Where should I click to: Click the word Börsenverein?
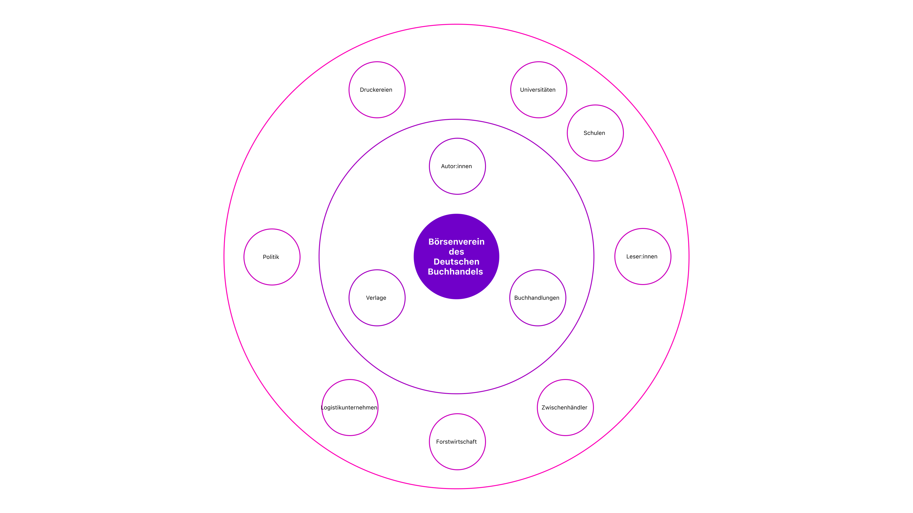[x=456, y=242]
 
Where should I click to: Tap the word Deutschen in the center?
[x=456, y=262]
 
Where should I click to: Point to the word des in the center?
[x=456, y=252]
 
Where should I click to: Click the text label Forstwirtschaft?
[x=456, y=442]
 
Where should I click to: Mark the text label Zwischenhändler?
[x=564, y=408]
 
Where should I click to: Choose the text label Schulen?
[x=594, y=133]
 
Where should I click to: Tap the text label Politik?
[x=271, y=257]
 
